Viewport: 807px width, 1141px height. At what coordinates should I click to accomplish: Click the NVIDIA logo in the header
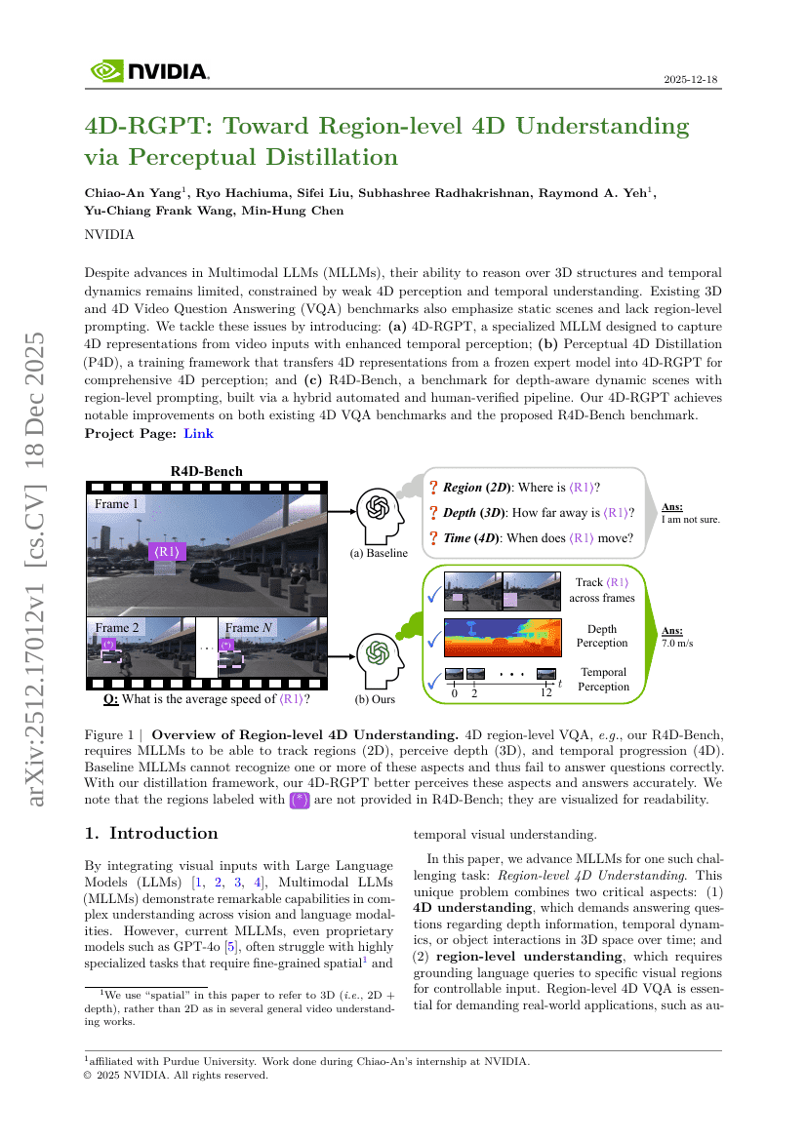[x=149, y=71]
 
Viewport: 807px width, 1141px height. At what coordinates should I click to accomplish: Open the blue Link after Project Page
[x=199, y=433]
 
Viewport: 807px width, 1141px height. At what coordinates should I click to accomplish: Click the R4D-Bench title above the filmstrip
[x=206, y=471]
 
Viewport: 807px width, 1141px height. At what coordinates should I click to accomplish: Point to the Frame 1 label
[x=116, y=504]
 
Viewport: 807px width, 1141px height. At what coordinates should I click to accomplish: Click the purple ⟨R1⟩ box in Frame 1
[x=168, y=551]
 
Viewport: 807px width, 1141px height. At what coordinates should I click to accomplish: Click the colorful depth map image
[x=503, y=637]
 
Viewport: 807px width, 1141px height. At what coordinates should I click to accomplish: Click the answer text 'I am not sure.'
[x=690, y=520]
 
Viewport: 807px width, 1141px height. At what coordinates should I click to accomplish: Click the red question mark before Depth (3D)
[x=433, y=513]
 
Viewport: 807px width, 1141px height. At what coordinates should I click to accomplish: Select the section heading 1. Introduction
[x=151, y=833]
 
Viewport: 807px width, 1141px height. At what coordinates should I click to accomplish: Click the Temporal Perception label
[x=603, y=679]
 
